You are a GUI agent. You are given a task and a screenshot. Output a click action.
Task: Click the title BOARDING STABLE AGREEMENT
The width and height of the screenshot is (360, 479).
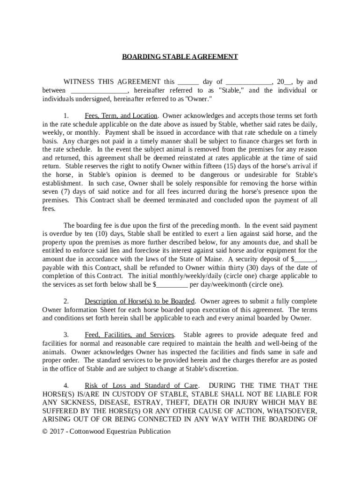pyautogui.click(x=180, y=57)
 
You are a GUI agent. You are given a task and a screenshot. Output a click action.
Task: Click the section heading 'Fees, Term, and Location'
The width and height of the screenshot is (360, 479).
pyautogui.click(x=121, y=116)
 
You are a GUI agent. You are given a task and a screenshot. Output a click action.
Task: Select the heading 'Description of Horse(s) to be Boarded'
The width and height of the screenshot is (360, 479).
pyautogui.click(x=139, y=301)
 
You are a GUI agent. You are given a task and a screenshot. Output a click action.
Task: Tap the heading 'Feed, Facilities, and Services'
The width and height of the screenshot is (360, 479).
pyautogui.click(x=130, y=335)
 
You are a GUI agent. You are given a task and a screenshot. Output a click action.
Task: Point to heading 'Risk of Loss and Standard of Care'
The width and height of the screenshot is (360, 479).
pyautogui.click(x=141, y=385)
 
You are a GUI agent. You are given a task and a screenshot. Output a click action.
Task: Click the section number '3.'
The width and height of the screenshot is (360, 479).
pyautogui.click(x=66, y=335)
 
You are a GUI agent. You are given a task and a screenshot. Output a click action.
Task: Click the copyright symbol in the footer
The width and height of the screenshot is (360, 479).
pyautogui.click(x=45, y=431)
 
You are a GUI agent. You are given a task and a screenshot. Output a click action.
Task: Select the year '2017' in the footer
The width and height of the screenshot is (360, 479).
pyautogui.click(x=58, y=431)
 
